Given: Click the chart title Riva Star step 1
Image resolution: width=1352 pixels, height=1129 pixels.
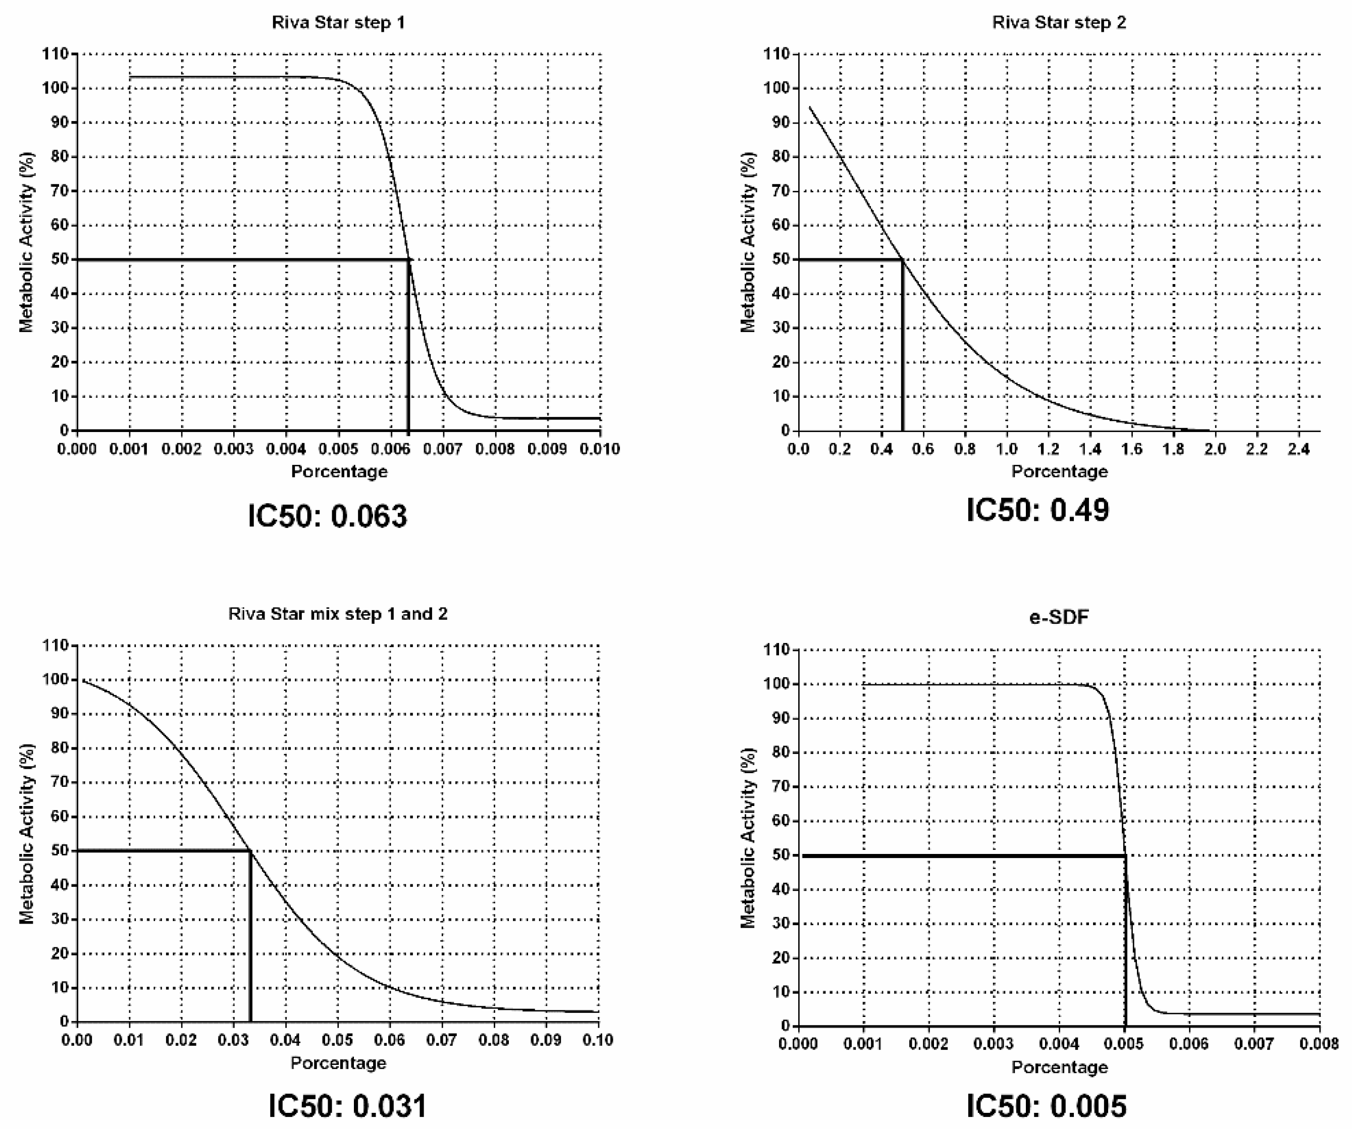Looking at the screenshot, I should (338, 23).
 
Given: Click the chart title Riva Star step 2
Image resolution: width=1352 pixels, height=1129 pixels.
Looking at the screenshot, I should (1059, 23).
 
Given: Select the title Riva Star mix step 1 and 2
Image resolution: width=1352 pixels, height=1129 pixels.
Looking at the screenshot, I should (338, 614).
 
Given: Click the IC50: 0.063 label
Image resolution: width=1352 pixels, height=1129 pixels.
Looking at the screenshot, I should (328, 516).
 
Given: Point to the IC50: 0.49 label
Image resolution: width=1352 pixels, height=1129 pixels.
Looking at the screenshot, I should (1038, 510).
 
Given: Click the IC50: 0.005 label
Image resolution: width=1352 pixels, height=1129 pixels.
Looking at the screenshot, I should (1047, 1106).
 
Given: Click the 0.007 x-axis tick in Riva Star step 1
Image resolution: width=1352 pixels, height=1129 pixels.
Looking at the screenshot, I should (443, 449).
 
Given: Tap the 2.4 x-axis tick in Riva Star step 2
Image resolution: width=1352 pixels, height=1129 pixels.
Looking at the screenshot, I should (1298, 449).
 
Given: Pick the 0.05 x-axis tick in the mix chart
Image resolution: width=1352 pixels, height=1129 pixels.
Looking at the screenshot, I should (337, 1040).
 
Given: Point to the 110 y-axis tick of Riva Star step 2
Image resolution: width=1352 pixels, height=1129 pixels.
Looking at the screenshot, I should (776, 54).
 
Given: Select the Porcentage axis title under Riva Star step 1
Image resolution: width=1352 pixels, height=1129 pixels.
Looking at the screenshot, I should (339, 472).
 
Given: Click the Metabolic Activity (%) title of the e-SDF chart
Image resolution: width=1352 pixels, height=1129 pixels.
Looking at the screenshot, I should (748, 837).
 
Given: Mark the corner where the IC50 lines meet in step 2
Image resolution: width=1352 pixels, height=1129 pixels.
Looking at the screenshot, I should (902, 260).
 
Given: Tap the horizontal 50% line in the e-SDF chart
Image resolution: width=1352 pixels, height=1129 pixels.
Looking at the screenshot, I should (966, 856).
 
